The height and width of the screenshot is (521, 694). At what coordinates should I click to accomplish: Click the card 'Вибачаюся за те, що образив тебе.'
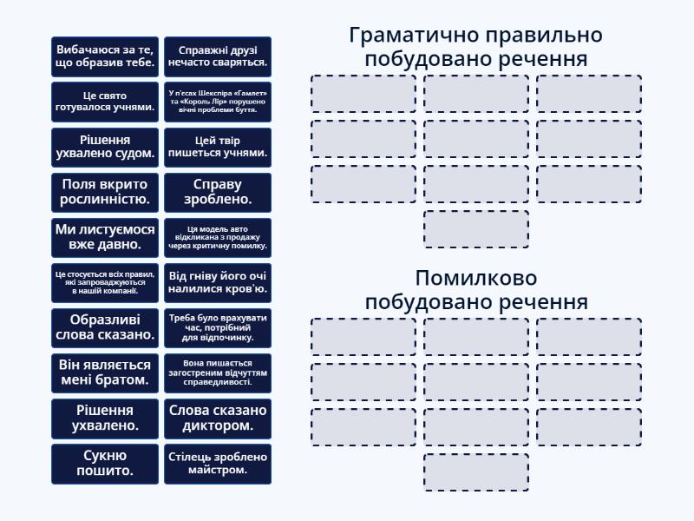105,56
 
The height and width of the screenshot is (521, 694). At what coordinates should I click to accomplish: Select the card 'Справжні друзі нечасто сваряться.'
217,56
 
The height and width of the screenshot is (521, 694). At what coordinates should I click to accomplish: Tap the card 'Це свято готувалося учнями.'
105,102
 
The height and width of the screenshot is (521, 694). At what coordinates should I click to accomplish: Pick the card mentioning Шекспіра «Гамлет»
217,102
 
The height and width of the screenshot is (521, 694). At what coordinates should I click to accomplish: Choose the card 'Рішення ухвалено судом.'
105,147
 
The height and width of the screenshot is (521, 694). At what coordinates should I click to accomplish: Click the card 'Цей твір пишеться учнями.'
217,147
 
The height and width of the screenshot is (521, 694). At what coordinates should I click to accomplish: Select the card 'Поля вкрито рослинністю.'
105,192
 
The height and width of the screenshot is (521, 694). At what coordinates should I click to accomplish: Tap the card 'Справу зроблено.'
217,192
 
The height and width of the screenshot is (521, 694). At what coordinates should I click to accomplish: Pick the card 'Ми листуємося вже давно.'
105,237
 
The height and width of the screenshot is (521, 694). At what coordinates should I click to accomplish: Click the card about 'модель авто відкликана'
217,237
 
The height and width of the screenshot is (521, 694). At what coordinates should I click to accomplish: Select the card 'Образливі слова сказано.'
105,327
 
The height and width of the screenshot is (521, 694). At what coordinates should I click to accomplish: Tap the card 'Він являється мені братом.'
105,373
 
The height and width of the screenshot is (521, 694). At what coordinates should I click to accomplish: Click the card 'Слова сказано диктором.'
217,418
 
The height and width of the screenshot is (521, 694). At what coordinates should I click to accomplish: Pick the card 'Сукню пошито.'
105,463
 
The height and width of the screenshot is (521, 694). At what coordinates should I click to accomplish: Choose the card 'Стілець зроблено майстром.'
217,463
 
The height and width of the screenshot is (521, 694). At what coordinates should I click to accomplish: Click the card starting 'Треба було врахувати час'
217,327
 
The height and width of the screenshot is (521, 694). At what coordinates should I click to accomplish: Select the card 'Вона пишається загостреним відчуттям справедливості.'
217,373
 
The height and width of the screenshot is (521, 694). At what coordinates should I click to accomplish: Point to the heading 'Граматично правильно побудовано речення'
475,47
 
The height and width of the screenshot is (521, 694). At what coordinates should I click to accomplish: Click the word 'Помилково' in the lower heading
475,279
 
